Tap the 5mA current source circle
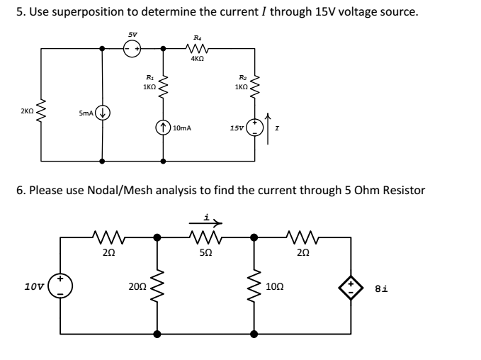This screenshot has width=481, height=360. (x=103, y=111)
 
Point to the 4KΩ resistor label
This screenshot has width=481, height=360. (x=198, y=60)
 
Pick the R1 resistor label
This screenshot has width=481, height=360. (x=149, y=77)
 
